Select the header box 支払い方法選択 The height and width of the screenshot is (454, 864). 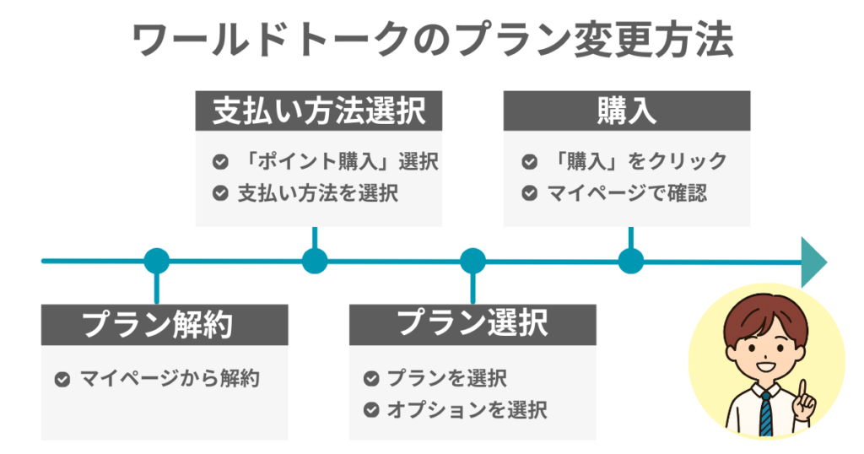[318, 111]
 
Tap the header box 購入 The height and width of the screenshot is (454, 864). [626, 111]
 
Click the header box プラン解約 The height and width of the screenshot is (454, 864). [164, 324]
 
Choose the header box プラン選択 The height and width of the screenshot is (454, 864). [472, 322]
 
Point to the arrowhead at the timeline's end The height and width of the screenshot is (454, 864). [813, 261]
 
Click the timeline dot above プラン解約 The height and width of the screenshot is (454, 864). [157, 261]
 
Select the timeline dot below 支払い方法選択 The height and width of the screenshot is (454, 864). [315, 261]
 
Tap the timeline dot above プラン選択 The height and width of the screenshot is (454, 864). [472, 261]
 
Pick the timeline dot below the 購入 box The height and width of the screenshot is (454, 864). [630, 261]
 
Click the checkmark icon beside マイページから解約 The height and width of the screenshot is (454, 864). [62, 379]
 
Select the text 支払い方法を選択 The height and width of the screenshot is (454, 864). [317, 193]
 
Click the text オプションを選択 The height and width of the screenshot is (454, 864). [467, 411]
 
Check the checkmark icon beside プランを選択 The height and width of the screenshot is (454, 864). [370, 379]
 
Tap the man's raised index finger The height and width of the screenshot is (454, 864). [803, 389]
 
